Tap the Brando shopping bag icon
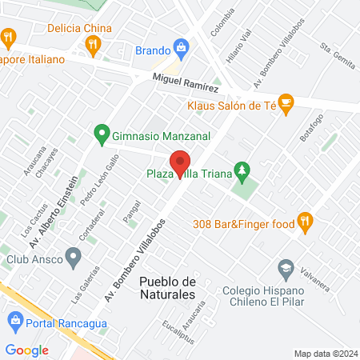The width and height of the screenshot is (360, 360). click(182, 50)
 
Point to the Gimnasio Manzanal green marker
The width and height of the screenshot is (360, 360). click(102, 134)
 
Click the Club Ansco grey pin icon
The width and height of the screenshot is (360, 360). click(74, 258)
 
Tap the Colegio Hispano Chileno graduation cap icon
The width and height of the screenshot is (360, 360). click(285, 266)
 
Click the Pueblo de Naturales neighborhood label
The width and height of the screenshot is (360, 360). click(167, 288)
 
